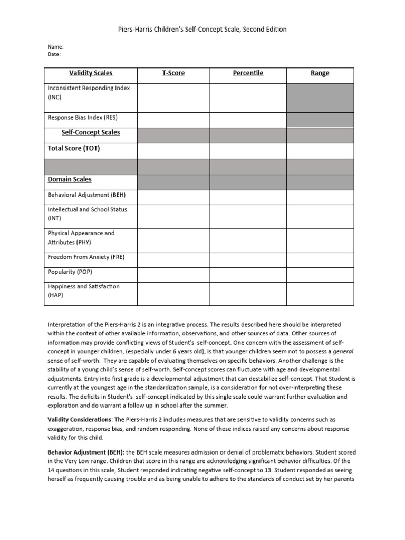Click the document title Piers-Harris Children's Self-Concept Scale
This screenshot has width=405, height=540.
(x=202, y=30)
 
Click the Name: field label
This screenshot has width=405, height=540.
(x=56, y=46)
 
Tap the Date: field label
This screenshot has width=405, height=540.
(x=54, y=54)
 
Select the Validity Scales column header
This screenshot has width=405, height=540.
(x=91, y=73)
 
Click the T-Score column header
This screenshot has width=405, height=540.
(x=173, y=73)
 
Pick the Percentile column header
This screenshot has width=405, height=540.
(x=248, y=73)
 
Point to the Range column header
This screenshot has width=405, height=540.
(x=320, y=73)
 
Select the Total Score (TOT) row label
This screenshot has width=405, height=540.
(x=74, y=148)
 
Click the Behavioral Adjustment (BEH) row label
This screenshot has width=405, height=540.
(x=86, y=195)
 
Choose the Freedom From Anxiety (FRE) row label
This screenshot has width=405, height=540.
(x=86, y=257)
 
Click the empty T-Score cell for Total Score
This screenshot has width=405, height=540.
(x=173, y=150)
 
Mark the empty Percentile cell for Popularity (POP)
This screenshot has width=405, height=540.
(x=248, y=272)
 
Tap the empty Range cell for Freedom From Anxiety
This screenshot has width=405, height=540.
(x=320, y=257)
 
